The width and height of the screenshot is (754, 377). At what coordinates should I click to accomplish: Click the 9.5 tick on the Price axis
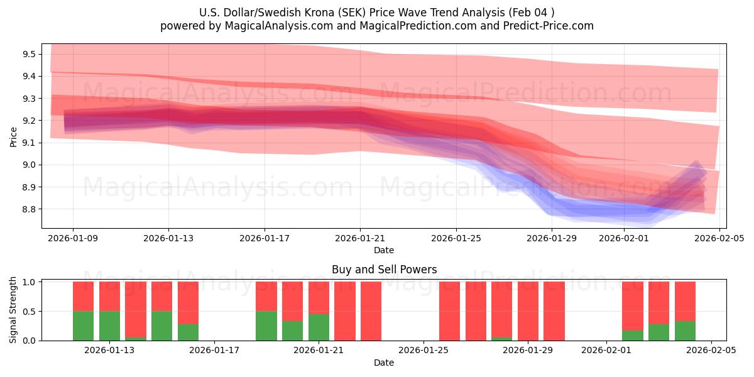pyautogui.click(x=28, y=54)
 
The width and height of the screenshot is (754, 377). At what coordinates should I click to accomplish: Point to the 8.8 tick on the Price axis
pyautogui.click(x=28, y=209)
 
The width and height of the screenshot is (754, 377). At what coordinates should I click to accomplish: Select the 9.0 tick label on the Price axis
pyautogui.click(x=28, y=165)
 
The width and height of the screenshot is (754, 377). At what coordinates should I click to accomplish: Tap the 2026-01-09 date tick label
pyautogui.click(x=73, y=238)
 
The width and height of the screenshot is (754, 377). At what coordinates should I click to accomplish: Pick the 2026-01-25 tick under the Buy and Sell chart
pyautogui.click(x=423, y=351)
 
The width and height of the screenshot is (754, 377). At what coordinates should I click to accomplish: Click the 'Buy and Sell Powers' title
pyautogui.click(x=384, y=270)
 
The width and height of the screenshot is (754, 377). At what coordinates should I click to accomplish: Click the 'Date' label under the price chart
pyautogui.click(x=384, y=250)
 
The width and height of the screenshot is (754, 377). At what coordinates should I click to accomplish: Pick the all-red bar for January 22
pyautogui.click(x=345, y=311)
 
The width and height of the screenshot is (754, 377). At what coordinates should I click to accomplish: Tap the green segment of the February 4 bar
pyautogui.click(x=685, y=331)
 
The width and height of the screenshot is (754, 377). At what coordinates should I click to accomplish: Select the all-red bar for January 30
pyautogui.click(x=554, y=311)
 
